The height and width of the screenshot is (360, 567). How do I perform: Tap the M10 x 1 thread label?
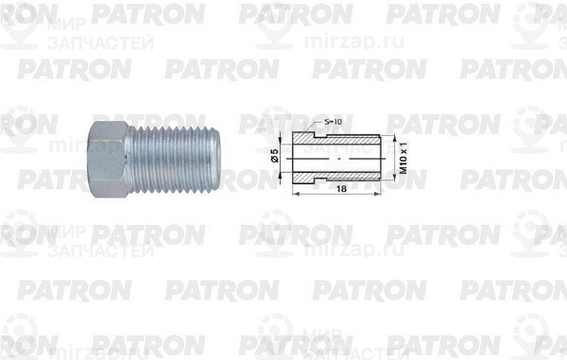(x=403, y=157)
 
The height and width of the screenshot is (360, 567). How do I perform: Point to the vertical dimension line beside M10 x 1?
(x=391, y=157)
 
